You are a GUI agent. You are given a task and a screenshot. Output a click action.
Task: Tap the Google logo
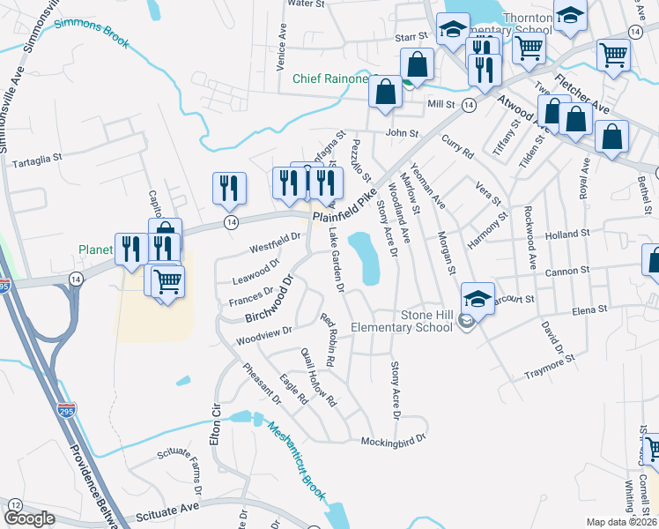pyautogui.click(x=29, y=518)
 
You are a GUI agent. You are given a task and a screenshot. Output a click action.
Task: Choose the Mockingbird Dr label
pyautogui.click(x=394, y=438)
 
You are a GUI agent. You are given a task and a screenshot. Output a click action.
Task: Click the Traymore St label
pyautogui.click(x=549, y=369)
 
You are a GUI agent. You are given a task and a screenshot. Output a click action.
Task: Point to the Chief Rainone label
pyautogui.click(x=330, y=79)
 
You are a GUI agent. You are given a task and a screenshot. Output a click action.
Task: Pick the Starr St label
pyautogui.click(x=411, y=37)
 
